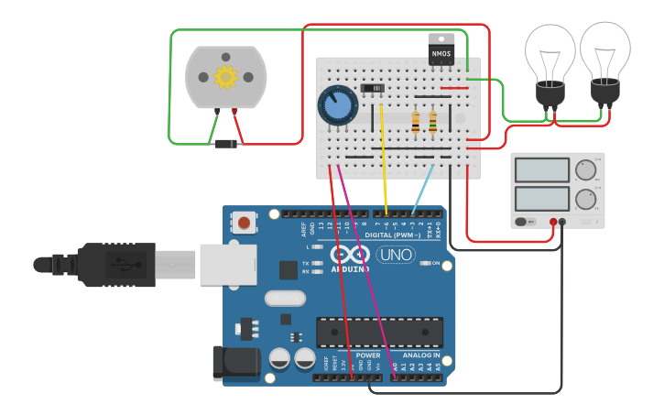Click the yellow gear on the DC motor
click(x=225, y=77)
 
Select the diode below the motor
click(x=225, y=143)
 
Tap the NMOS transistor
click(x=441, y=49)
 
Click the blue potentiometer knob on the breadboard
click(x=337, y=105)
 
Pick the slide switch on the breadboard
click(x=372, y=88)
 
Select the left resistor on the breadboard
click(x=417, y=122)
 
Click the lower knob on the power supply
click(x=585, y=199)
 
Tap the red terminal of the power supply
click(x=553, y=222)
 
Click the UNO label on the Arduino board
click(x=395, y=255)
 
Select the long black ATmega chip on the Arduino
click(x=379, y=332)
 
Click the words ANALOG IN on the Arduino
click(x=422, y=355)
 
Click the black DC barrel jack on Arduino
click(x=233, y=363)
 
